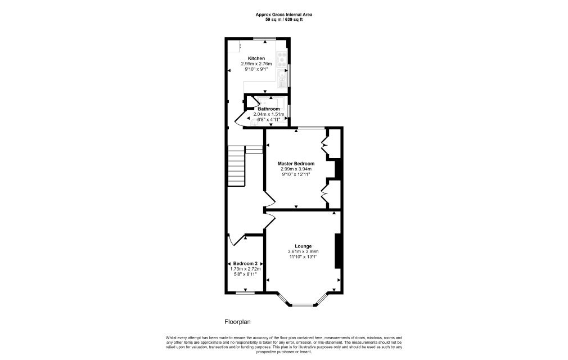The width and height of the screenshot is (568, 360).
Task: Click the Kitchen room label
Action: point(256,58)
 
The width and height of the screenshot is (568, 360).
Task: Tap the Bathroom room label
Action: point(269,109)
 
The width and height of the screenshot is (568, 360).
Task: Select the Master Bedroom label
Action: point(296,164)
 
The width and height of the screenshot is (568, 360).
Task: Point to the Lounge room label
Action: point(303,246)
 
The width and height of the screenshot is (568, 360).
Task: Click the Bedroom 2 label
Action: point(245,264)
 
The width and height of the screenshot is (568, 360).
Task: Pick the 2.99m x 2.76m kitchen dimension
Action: point(256,64)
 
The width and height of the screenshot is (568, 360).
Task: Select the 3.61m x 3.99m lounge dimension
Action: point(303,251)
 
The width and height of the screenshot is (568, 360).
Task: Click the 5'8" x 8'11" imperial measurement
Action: point(245,274)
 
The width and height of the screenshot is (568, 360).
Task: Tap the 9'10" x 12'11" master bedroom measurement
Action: point(296,174)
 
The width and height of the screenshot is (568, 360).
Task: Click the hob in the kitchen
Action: point(282,59)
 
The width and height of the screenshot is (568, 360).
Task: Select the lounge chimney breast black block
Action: point(338,251)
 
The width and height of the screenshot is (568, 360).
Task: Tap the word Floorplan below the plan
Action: point(238,322)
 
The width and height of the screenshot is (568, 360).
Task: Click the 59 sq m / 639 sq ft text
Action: point(284,20)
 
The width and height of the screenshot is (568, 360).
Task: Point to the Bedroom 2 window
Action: point(245,292)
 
